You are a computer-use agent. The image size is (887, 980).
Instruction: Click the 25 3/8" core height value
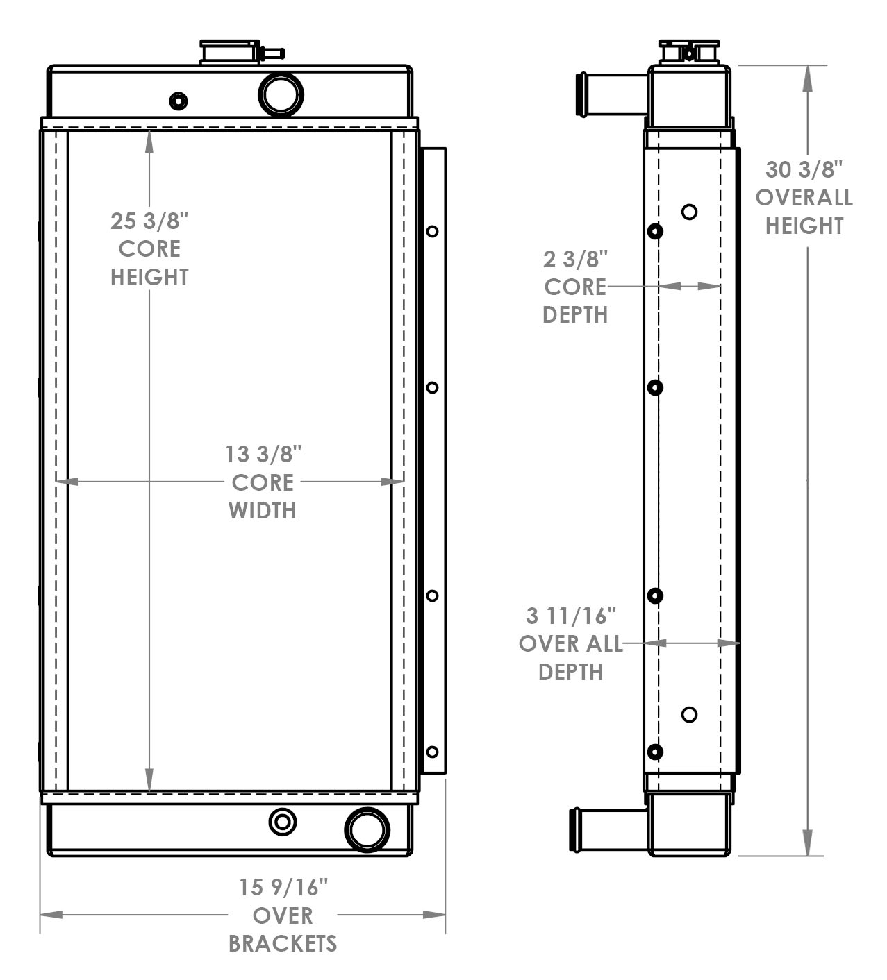[149, 221]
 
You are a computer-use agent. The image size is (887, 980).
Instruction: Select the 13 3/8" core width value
[263, 455]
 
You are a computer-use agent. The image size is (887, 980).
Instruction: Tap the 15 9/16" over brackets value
[283, 888]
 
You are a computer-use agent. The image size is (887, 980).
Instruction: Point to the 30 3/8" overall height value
[804, 169]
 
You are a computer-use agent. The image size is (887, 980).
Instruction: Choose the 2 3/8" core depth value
[575, 260]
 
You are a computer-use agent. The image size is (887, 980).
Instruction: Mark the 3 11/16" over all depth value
[571, 616]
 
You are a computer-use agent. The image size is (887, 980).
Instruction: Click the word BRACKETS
[283, 944]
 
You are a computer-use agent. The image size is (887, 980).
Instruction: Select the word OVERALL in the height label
[804, 198]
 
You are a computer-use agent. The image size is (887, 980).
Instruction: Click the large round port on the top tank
[281, 94]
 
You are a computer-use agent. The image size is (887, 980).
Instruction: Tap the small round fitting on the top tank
[179, 101]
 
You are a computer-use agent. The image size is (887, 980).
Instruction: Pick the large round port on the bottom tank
[367, 829]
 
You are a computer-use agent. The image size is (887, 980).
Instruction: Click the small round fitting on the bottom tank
[282, 822]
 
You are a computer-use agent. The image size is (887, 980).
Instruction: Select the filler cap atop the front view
[230, 52]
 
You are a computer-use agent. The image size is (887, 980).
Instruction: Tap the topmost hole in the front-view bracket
[432, 231]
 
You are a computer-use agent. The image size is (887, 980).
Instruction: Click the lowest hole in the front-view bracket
[432, 752]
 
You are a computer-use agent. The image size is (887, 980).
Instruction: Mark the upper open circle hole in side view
[689, 212]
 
